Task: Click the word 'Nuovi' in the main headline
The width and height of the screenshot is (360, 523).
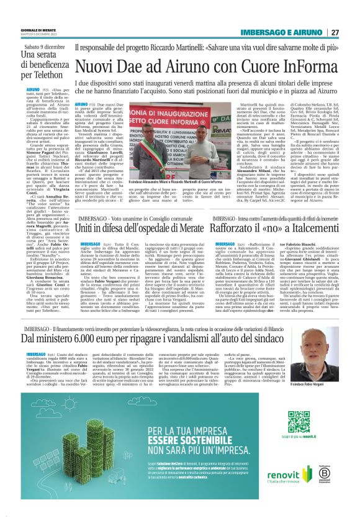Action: coord(100,65)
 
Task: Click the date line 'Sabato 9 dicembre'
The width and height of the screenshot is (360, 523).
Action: coord(46,46)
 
